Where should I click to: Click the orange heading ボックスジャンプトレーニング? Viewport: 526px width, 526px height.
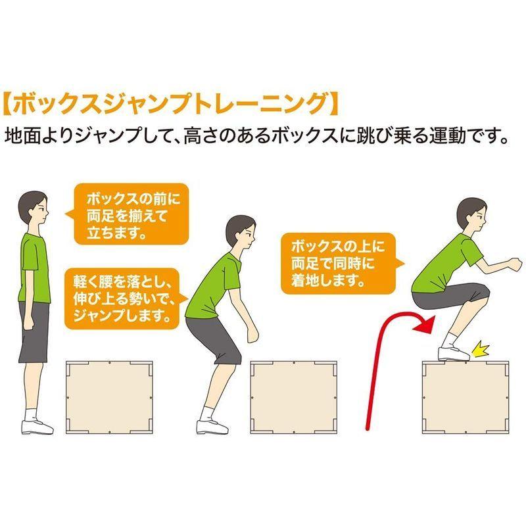[170, 104]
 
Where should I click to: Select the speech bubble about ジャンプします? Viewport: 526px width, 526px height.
[124, 299]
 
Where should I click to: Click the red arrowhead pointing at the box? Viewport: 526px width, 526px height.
[424, 325]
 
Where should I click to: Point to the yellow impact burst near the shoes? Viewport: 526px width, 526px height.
[480, 349]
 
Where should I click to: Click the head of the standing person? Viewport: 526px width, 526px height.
[34, 210]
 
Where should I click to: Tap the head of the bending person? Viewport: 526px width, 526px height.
[241, 234]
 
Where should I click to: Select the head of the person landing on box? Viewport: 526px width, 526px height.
[471, 216]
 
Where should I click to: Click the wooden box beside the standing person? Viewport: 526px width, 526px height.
[109, 398]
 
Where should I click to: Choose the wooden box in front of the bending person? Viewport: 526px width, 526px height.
[293, 398]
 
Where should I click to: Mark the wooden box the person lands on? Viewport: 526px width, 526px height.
[466, 398]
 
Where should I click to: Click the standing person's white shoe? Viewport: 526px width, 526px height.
[37, 427]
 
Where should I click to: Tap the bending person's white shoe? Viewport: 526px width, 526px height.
[212, 427]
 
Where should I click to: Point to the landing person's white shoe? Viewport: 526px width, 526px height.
[454, 354]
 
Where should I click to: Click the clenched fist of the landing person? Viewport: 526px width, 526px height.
[515, 264]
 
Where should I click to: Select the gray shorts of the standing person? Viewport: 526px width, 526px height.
[34, 332]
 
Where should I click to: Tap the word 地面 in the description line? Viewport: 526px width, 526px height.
[22, 135]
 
